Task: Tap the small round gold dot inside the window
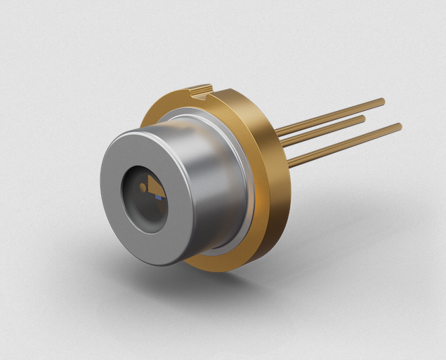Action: pyautogui.click(x=143, y=187)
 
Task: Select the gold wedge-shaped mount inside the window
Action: pyautogui.click(x=156, y=187)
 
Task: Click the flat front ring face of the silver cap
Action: pyautogui.click(x=116, y=211)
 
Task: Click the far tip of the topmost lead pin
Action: pyautogui.click(x=383, y=102)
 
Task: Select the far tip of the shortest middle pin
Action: pyautogui.click(x=363, y=119)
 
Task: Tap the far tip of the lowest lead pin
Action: pyautogui.click(x=400, y=126)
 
